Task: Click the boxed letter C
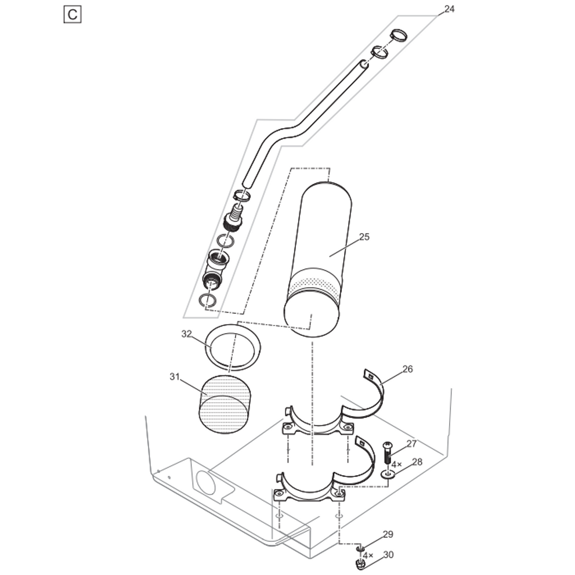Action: click(x=73, y=15)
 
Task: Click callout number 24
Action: click(x=449, y=9)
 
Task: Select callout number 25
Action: click(x=364, y=237)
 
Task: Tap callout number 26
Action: click(x=408, y=369)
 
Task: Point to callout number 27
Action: click(x=412, y=444)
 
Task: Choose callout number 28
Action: click(x=417, y=462)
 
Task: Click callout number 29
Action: click(x=388, y=534)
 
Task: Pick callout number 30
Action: click(x=388, y=555)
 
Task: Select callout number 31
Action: click(x=175, y=377)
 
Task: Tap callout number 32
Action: click(x=187, y=334)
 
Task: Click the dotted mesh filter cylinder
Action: click(x=225, y=404)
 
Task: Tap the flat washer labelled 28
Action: click(x=388, y=475)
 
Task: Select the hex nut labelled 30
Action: click(x=361, y=565)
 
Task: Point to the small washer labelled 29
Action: click(x=360, y=548)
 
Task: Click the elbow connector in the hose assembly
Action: click(x=215, y=269)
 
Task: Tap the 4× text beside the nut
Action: click(x=368, y=556)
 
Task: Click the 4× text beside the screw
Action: click(x=396, y=465)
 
